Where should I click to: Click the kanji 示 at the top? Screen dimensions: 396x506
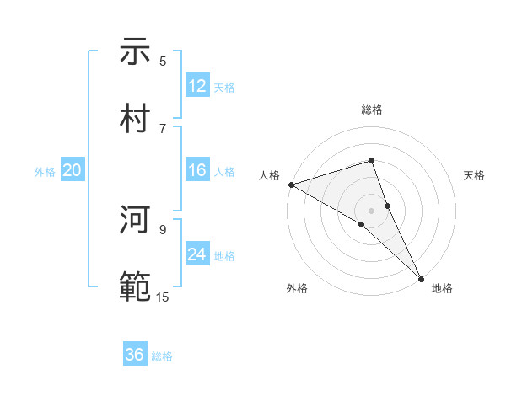[x=135, y=51]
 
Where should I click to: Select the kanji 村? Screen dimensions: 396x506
[x=135, y=119]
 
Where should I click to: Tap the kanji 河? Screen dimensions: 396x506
[x=135, y=221]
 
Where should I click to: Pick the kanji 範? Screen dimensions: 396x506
[x=135, y=287]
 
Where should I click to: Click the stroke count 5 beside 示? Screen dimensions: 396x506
[x=163, y=62]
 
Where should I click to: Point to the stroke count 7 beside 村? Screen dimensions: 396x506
[x=163, y=128]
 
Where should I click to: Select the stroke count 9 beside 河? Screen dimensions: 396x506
[x=163, y=229]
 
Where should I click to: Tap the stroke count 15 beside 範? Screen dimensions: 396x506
[x=163, y=297]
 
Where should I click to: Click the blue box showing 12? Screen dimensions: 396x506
[x=197, y=86]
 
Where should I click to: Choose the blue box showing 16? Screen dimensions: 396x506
[x=197, y=171]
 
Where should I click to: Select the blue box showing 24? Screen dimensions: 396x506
[x=197, y=254]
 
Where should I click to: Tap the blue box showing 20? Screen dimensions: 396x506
[x=73, y=171]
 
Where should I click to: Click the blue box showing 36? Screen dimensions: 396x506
[x=135, y=356]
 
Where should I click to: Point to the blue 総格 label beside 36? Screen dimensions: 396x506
[x=162, y=356]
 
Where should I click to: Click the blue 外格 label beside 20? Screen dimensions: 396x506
[x=45, y=172]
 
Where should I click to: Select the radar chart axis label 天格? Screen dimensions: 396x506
[x=475, y=175]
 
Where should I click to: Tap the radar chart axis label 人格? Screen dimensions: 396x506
[x=269, y=175]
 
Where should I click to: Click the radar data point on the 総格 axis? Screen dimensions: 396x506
[x=371, y=161]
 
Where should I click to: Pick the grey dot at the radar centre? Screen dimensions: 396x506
[x=371, y=210]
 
